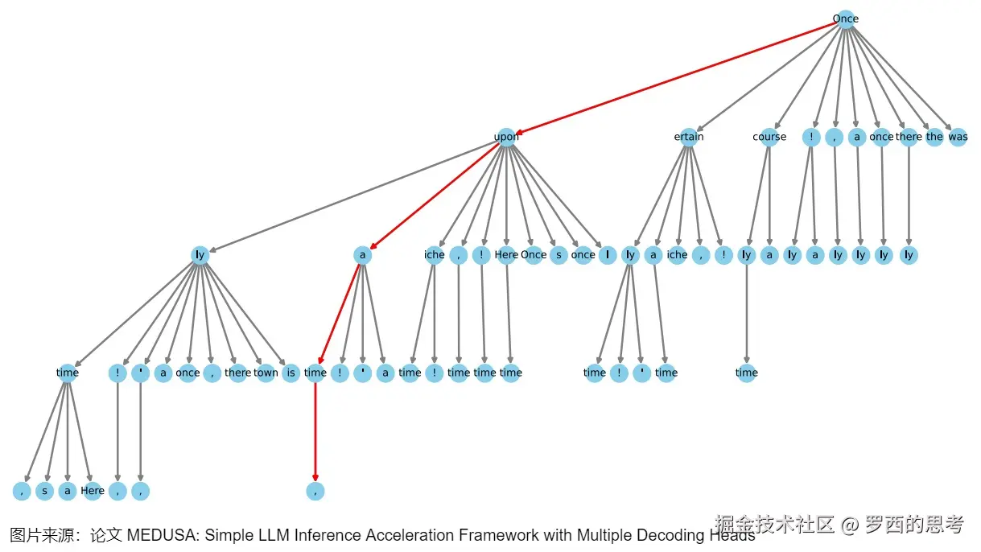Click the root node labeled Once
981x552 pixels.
(845, 19)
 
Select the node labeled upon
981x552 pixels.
(506, 137)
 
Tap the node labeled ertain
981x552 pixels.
(689, 137)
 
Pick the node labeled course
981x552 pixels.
(769, 137)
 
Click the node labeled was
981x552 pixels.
(958, 137)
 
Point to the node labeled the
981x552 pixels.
(934, 137)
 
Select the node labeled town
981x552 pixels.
(266, 373)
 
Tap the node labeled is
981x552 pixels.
(291, 373)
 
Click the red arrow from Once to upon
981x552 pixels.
(676, 77)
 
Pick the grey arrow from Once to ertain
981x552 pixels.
(769, 76)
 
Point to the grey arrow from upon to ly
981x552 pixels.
(354, 196)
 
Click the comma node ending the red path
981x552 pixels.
(315, 490)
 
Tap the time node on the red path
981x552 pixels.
(315, 373)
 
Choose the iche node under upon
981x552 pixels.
(434, 255)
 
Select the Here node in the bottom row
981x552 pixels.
(93, 490)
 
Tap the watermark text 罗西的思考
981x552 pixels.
(913, 525)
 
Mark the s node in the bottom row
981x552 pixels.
(45, 490)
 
